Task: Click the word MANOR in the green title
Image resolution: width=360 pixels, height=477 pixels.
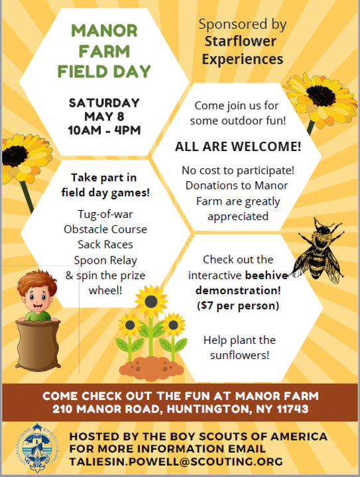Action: pyautogui.click(x=104, y=30)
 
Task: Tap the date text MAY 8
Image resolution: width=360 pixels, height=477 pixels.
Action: pyautogui.click(x=104, y=117)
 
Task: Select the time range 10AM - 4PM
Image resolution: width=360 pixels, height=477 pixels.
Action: pyautogui.click(x=104, y=131)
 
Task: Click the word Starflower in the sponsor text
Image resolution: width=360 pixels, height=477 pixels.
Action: pyautogui.click(x=241, y=41)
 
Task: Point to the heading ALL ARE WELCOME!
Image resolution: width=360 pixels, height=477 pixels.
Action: pyautogui.click(x=238, y=146)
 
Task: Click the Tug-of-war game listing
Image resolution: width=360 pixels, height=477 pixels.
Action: pyautogui.click(x=105, y=214)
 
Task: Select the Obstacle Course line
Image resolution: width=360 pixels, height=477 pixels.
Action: pyautogui.click(x=105, y=229)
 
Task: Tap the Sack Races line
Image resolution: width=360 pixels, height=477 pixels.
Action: pyautogui.click(x=105, y=244)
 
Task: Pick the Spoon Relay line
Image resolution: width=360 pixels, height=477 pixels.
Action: pyautogui.click(x=105, y=260)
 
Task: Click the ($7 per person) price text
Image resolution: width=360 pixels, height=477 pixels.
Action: pyautogui.click(x=238, y=305)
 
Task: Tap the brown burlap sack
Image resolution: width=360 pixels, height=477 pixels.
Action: pyautogui.click(x=37, y=345)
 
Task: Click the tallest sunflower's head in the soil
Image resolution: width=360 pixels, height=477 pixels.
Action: pyautogui.click(x=151, y=301)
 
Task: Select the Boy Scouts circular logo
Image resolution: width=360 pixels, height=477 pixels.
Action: pyautogui.click(x=37, y=447)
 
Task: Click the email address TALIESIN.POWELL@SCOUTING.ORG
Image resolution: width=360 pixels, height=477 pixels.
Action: pyautogui.click(x=176, y=462)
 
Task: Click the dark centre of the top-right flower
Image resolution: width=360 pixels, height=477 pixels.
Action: pyautogui.click(x=321, y=96)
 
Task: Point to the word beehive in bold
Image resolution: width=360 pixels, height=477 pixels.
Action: pyautogui.click(x=267, y=276)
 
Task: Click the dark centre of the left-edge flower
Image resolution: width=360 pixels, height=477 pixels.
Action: pyautogui.click(x=14, y=156)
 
